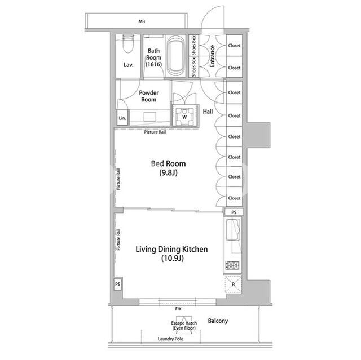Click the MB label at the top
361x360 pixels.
[142, 21]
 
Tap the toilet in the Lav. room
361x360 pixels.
[128, 43]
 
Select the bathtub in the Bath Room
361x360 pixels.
[176, 56]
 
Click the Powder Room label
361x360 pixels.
[149, 96]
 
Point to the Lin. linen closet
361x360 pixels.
[122, 118]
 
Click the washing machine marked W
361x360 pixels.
[184, 115]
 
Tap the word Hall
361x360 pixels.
[208, 112]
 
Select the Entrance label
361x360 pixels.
[212, 56]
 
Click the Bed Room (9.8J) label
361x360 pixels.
[168, 168]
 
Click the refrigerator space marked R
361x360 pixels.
[233, 285]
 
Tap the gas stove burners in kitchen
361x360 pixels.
[232, 265]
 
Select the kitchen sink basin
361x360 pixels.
[232, 230]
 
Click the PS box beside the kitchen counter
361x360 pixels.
[234, 212]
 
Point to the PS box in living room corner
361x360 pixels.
[118, 284]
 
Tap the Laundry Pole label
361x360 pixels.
[170, 339]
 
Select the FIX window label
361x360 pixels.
[178, 309]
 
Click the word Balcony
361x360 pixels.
[218, 321]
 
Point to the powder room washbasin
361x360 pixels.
[150, 117]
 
